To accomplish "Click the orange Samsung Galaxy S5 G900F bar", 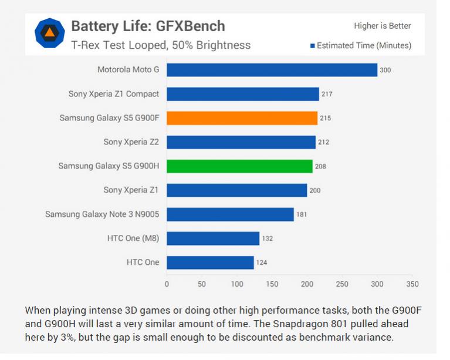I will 242,118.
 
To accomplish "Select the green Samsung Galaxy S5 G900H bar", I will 239,166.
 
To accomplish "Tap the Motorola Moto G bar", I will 272,70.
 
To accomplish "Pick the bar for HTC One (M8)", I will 213,238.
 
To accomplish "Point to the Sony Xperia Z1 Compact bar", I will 243,94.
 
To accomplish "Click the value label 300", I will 385,70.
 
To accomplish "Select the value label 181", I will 302,214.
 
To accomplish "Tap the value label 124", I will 262,263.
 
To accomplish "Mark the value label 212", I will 323,142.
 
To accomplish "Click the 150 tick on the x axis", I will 272,284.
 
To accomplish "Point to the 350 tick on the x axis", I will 412,284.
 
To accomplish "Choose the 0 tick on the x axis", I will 167,284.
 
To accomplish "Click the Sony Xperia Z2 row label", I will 131,142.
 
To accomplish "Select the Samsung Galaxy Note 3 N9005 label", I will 102,214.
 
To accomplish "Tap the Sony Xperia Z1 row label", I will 131,190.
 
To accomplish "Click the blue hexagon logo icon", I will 50,33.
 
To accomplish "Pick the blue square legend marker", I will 313,46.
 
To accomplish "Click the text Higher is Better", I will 382,26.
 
